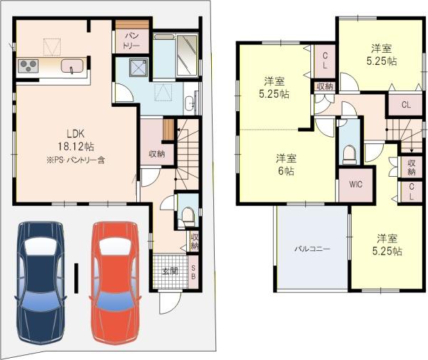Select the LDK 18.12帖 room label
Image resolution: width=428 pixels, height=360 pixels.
[x=76, y=139]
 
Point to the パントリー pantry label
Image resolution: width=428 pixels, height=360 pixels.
[x=133, y=39]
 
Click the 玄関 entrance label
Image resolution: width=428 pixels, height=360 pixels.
[x=170, y=271]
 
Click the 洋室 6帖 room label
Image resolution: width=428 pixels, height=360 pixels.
[x=287, y=165]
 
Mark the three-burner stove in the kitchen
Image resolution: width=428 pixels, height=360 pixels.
[x=28, y=67]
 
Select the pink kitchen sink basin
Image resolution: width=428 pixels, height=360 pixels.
[x=74, y=66]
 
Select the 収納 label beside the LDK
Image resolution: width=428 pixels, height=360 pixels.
[x=157, y=153]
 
